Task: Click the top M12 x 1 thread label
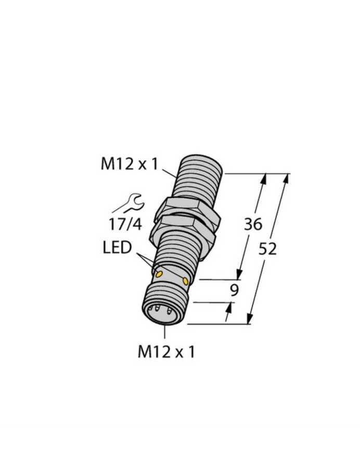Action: [x=129, y=164]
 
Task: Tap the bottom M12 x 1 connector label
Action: [x=166, y=352]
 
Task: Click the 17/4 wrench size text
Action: [x=125, y=224]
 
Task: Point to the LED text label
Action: [x=117, y=248]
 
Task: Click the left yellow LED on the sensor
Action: [x=159, y=274]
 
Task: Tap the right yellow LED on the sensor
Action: [x=186, y=281]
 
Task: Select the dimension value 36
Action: [x=253, y=224]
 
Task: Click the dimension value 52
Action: [x=267, y=249]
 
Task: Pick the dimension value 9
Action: [x=235, y=290]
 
